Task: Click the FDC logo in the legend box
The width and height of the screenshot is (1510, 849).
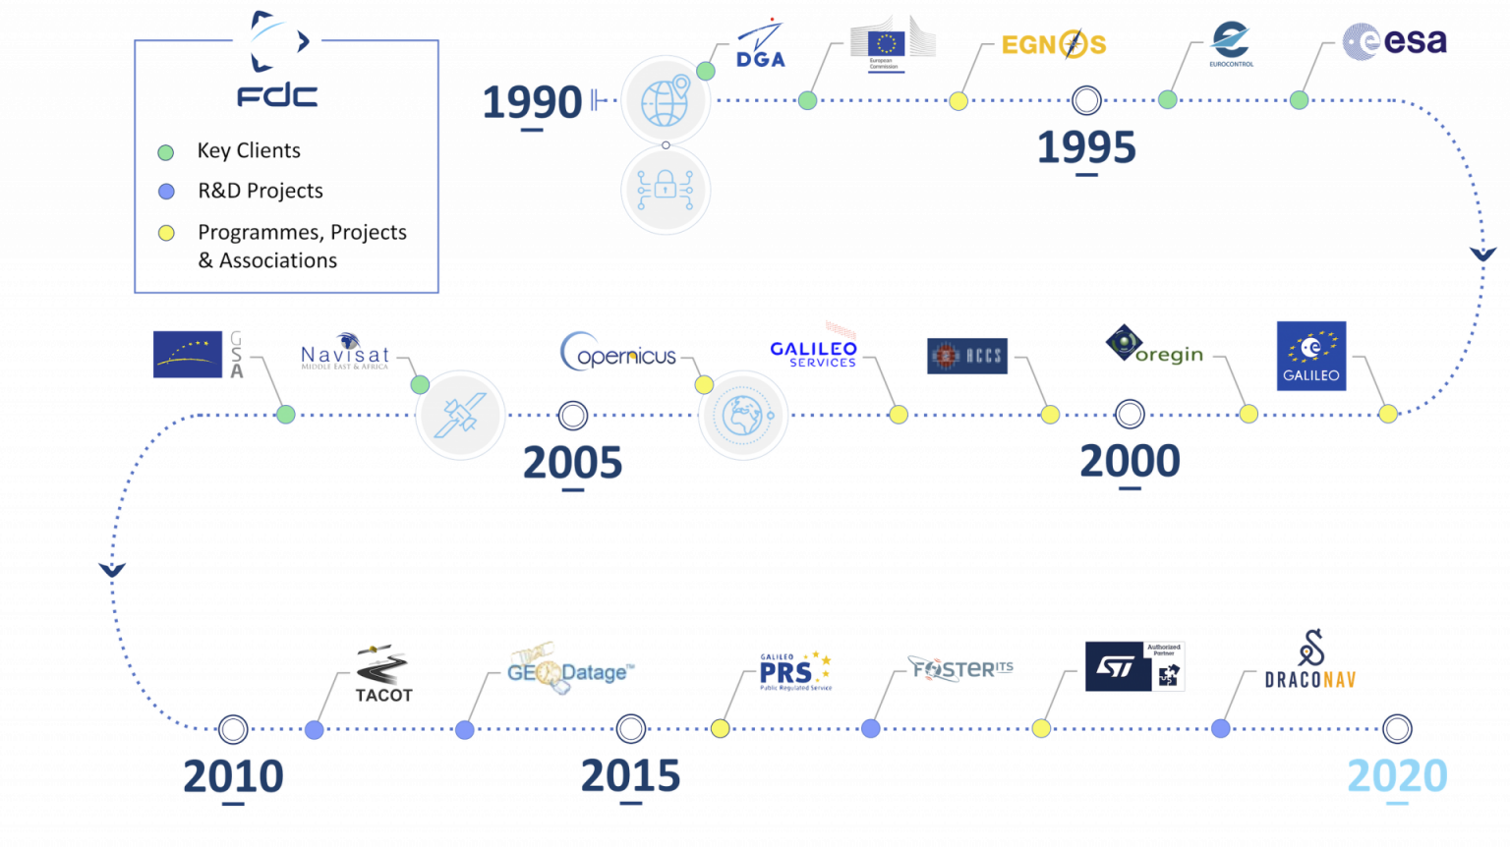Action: pyautogui.click(x=278, y=61)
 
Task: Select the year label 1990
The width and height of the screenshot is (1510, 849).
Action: pyautogui.click(x=532, y=102)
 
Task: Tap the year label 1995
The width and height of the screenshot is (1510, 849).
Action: pyautogui.click(x=1086, y=148)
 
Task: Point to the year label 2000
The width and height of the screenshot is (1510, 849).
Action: pyautogui.click(x=1130, y=461)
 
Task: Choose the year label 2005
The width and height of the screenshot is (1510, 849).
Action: pyautogui.click(x=572, y=463)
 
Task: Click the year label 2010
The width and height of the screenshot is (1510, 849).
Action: pyautogui.click(x=233, y=776)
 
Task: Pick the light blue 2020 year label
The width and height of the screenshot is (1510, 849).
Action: pyautogui.click(x=1397, y=775)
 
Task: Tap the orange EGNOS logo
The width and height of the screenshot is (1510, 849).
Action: pyautogui.click(x=1053, y=45)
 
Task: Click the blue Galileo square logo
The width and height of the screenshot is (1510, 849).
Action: pyautogui.click(x=1311, y=355)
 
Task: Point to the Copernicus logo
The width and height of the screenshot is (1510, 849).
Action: pyautogui.click(x=618, y=353)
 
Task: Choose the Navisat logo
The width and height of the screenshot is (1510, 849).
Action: pyautogui.click(x=345, y=353)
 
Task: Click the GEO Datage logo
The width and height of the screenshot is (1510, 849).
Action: pyautogui.click(x=570, y=670)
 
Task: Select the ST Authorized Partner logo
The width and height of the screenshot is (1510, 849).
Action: pyautogui.click(x=1134, y=666)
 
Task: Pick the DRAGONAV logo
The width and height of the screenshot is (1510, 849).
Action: pyautogui.click(x=1310, y=662)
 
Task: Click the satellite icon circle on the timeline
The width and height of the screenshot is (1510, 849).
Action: pyautogui.click(x=460, y=415)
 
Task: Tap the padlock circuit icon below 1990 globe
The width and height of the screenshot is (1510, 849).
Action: pyautogui.click(x=666, y=190)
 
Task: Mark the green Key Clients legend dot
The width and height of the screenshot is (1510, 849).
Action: pyautogui.click(x=166, y=152)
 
